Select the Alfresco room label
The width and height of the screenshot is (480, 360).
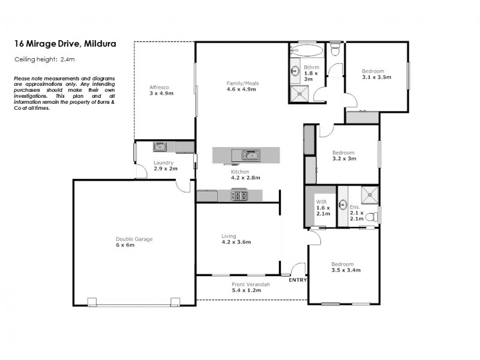tap(161, 90)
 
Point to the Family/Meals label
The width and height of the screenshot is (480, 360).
tap(241, 86)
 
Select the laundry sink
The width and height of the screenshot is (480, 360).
tap(160, 146)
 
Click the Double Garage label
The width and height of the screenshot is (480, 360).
tap(134, 242)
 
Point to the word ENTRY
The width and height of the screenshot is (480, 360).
tap(298, 280)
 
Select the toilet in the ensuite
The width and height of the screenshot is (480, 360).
tap(371, 215)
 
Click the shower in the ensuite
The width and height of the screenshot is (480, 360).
tap(370, 193)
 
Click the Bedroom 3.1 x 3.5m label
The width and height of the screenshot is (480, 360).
tap(376, 74)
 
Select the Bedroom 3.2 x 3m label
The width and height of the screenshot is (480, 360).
tap(344, 155)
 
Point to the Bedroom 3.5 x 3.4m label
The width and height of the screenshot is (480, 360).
tap(343, 267)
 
